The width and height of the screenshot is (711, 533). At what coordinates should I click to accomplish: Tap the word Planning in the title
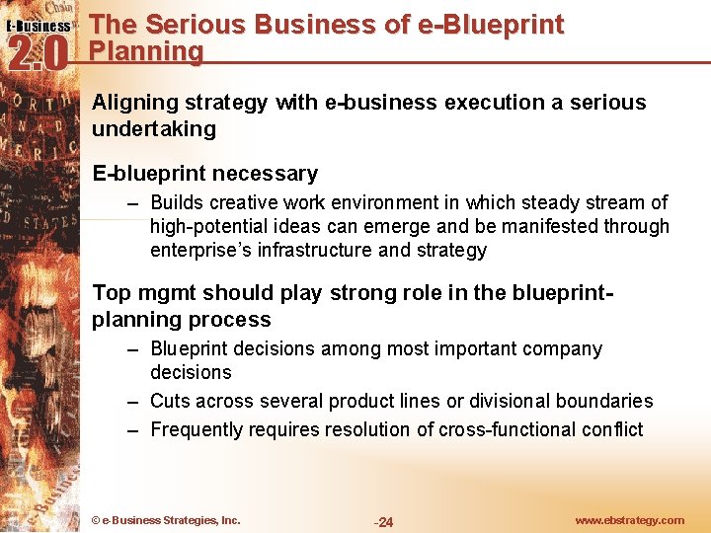pos(146,51)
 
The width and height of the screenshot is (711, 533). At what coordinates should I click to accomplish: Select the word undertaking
pos(153,128)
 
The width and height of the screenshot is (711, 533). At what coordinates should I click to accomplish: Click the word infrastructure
pos(315,250)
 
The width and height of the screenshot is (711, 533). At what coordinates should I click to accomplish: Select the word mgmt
pos(160,293)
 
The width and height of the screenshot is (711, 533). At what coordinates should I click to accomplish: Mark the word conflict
pos(613,429)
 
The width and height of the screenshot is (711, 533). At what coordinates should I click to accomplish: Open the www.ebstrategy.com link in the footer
pos(629,520)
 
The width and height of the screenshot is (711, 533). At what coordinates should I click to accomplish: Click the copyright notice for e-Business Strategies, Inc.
pos(165,520)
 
